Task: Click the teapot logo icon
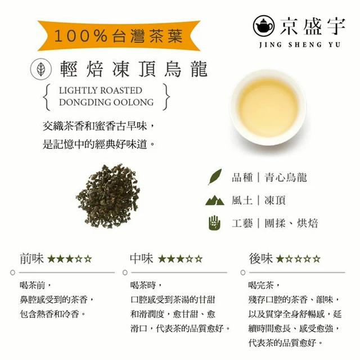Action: [x=264, y=26]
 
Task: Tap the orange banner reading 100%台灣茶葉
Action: [x=119, y=36]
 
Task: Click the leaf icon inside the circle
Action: [x=41, y=69]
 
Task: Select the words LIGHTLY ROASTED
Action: [x=101, y=90]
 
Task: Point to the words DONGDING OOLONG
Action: [x=106, y=102]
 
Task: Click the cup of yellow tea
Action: [x=268, y=107]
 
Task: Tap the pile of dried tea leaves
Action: [x=109, y=196]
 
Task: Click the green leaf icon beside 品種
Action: [x=215, y=177]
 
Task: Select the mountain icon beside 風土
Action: [x=215, y=200]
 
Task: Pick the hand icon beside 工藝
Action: [x=214, y=223]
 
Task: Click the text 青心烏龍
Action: [x=286, y=178]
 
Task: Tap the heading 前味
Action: [x=31, y=259]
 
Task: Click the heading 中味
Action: [x=142, y=259]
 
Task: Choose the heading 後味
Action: [x=261, y=259]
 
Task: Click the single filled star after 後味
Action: [x=280, y=259]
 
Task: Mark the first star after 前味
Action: [x=51, y=259]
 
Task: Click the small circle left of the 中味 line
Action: [x=125, y=272]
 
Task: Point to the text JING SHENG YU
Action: [x=300, y=44]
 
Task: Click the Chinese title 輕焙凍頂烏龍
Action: [x=134, y=69]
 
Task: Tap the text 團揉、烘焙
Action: [x=291, y=223]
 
